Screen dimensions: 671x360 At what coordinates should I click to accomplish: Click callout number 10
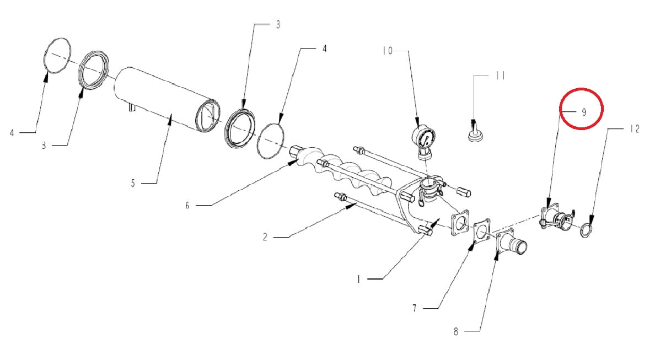coord(387,51)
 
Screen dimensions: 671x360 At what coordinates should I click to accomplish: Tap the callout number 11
coord(500,76)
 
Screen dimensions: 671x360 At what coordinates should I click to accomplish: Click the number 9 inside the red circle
coord(584,112)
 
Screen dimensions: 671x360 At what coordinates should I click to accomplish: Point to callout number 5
coord(133,183)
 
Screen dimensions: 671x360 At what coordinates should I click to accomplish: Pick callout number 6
coord(187,206)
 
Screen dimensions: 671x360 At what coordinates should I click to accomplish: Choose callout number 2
coord(265,237)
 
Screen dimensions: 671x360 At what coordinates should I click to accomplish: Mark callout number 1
coord(358,280)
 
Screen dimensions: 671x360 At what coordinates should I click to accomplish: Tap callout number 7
coord(415,308)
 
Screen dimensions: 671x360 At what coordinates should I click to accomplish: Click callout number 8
coord(455,331)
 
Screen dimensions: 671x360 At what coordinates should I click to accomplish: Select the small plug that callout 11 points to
coord(475,132)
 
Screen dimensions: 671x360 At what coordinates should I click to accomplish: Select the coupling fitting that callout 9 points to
coord(555,218)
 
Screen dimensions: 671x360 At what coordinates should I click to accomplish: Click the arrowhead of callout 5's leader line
coord(171,119)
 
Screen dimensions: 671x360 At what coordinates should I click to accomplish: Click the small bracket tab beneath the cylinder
coord(132,107)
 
